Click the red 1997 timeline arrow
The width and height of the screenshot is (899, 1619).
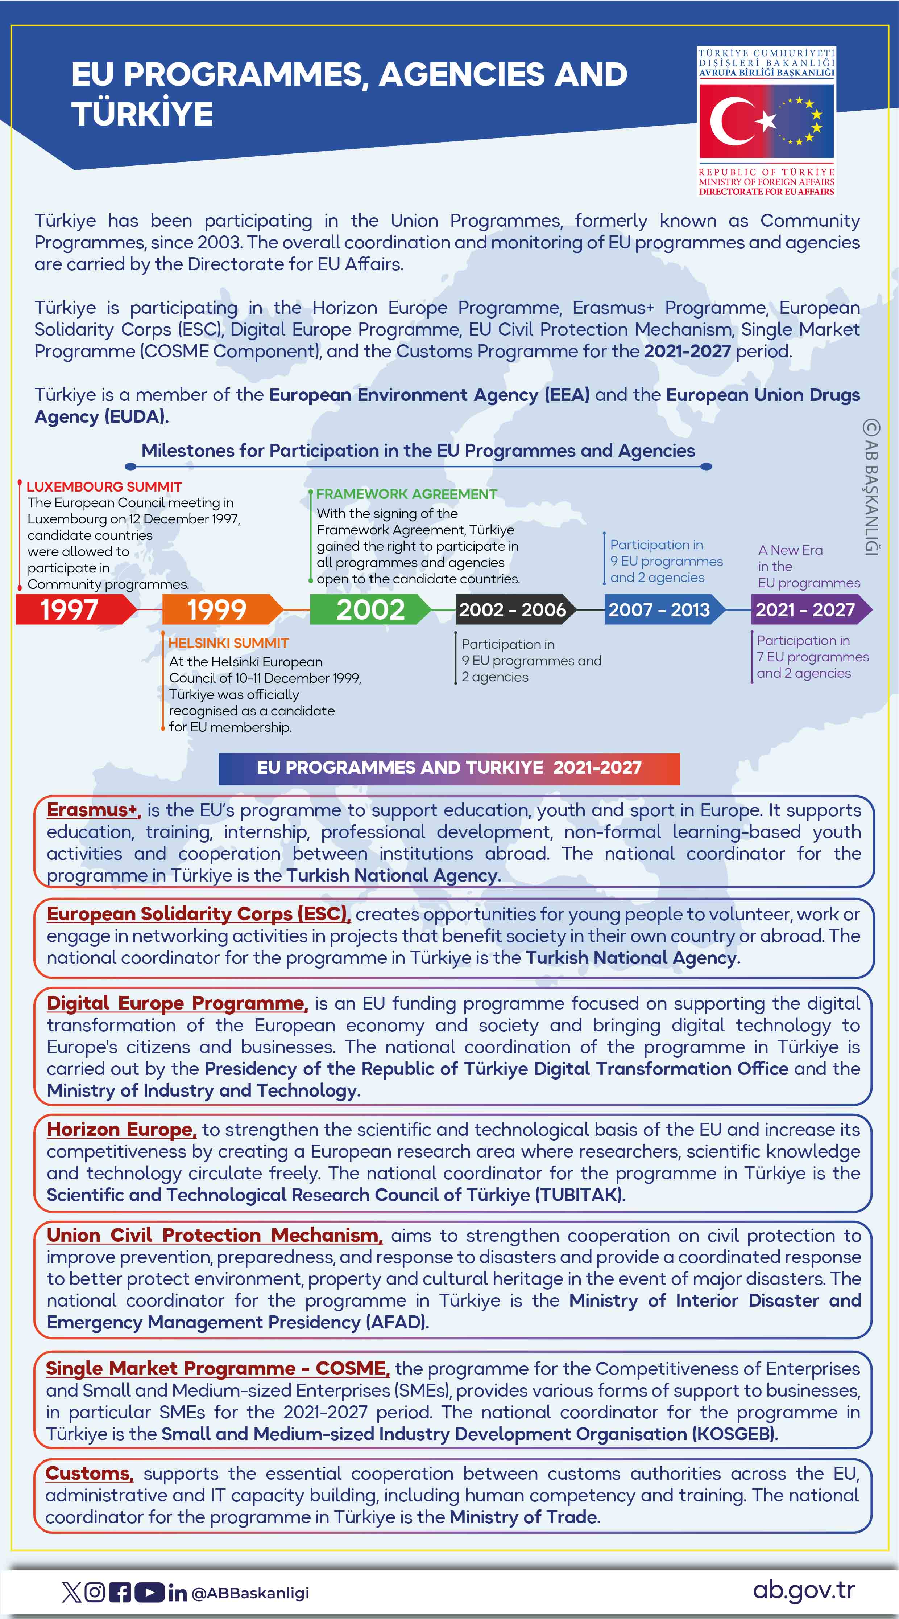click(72, 609)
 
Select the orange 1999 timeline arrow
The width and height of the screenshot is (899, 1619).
click(220, 609)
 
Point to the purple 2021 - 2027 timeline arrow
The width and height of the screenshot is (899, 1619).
click(807, 609)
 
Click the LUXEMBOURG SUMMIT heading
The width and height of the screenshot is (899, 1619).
click(104, 486)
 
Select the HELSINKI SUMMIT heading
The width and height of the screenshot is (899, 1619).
click(229, 643)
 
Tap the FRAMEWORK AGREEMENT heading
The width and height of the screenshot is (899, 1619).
click(406, 494)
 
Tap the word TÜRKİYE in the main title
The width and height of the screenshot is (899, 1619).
click(142, 114)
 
